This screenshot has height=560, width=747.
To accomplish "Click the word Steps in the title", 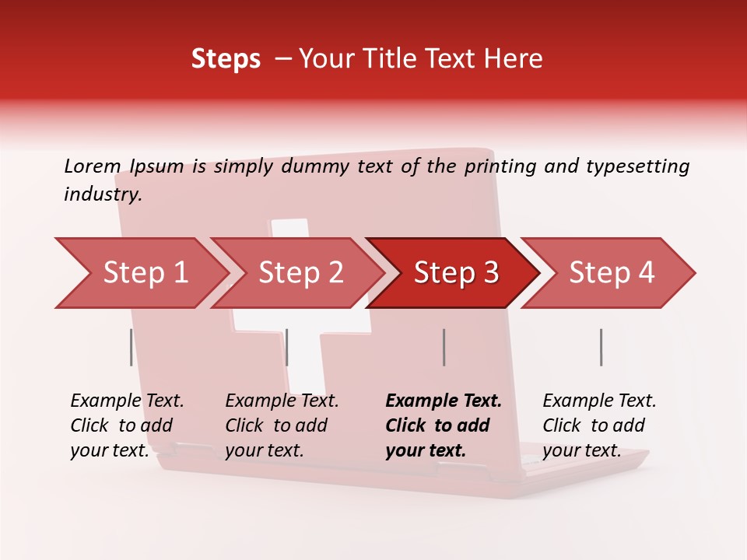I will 226,59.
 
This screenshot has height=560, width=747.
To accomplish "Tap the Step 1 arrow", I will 144,273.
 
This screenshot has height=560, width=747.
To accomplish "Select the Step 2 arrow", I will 300,273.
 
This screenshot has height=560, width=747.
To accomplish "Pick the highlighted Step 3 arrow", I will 456,273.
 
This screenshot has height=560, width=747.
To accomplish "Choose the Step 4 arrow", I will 612,273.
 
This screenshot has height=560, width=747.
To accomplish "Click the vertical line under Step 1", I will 131,347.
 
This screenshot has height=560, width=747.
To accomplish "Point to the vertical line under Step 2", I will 287,347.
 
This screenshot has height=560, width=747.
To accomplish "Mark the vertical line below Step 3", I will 444,347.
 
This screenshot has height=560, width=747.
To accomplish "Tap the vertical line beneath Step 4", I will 601,347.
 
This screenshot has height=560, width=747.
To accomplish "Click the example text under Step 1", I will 127,425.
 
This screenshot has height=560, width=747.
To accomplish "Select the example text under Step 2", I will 282,425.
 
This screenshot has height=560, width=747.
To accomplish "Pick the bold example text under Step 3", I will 444,425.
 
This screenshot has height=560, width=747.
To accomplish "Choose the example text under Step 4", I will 599,425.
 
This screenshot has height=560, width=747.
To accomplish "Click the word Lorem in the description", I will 93,166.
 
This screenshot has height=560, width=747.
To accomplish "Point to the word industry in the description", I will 103,194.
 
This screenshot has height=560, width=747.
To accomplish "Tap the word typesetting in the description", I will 645,166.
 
